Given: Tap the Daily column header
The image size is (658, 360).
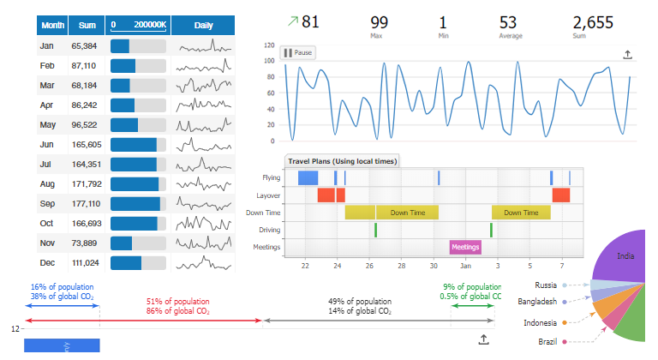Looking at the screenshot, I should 203,26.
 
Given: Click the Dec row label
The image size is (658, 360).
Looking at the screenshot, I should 47,262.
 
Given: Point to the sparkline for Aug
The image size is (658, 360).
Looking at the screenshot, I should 203,183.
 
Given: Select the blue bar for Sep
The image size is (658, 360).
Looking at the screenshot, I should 135,203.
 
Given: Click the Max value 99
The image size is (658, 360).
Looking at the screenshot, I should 379,22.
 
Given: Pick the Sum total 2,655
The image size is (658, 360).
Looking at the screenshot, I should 593,22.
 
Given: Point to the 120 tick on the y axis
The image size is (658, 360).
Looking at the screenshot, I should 269,45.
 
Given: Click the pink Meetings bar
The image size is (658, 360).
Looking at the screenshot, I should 465,247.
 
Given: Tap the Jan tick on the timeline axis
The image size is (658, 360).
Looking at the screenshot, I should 465,267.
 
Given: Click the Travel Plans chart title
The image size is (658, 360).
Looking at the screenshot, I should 341,161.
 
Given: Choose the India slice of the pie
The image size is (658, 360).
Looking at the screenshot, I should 626,255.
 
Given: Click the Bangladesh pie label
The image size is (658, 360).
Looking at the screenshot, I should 537,302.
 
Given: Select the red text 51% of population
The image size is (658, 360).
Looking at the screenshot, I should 178,302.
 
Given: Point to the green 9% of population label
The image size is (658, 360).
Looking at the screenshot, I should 472,287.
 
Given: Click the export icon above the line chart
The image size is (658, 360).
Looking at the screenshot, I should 627,55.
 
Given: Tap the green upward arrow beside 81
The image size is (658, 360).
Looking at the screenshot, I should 292,21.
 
